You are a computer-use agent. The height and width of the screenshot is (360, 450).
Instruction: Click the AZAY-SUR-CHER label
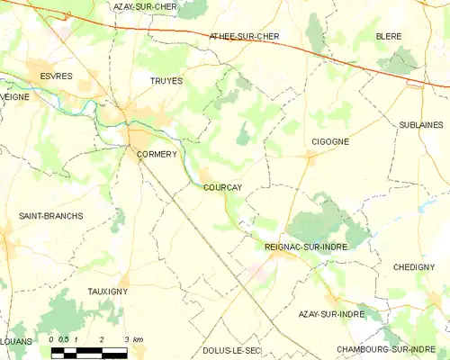coord(145,6)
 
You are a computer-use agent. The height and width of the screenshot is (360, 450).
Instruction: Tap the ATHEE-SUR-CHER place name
coord(244,36)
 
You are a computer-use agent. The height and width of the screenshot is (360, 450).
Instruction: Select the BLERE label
coord(390,36)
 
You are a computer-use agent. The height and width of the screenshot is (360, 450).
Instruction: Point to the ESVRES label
coord(43,77)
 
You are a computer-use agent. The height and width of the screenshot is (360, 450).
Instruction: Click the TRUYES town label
coord(166,81)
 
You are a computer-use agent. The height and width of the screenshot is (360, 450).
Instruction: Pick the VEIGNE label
coord(14,95)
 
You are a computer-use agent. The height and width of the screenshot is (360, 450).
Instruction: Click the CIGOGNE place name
coord(329,142)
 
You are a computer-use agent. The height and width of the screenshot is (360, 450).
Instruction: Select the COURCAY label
coord(222,188)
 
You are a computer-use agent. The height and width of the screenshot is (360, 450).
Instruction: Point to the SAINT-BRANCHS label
coord(50,216)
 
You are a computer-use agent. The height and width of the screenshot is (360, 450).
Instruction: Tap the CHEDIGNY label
coord(415,267)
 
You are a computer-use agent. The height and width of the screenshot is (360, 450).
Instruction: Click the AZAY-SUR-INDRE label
coord(330,315)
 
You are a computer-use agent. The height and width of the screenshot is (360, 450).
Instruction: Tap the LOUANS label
coord(16,342)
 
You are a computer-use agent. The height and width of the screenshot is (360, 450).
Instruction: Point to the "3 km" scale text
coord(135,339)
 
